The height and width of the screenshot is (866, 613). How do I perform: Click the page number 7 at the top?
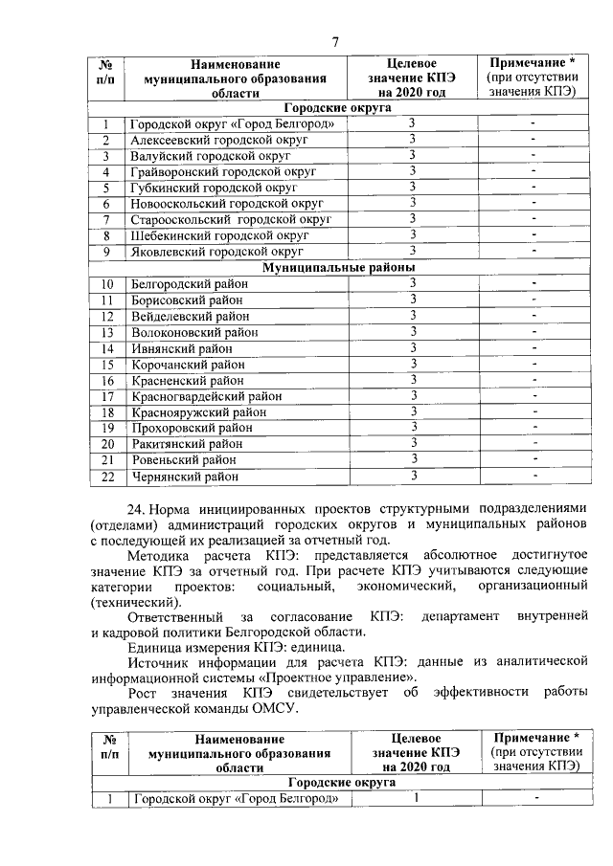pyautogui.click(x=335, y=41)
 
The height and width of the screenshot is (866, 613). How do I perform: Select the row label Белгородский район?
pyautogui.click(x=189, y=284)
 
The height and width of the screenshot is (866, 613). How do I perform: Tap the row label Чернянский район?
pyautogui.click(x=184, y=476)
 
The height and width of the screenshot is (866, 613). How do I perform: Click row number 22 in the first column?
pyautogui.click(x=107, y=476)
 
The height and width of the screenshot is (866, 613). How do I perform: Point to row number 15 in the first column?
pyautogui.click(x=107, y=365)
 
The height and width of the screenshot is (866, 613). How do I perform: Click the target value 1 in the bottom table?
pyautogui.click(x=417, y=798)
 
